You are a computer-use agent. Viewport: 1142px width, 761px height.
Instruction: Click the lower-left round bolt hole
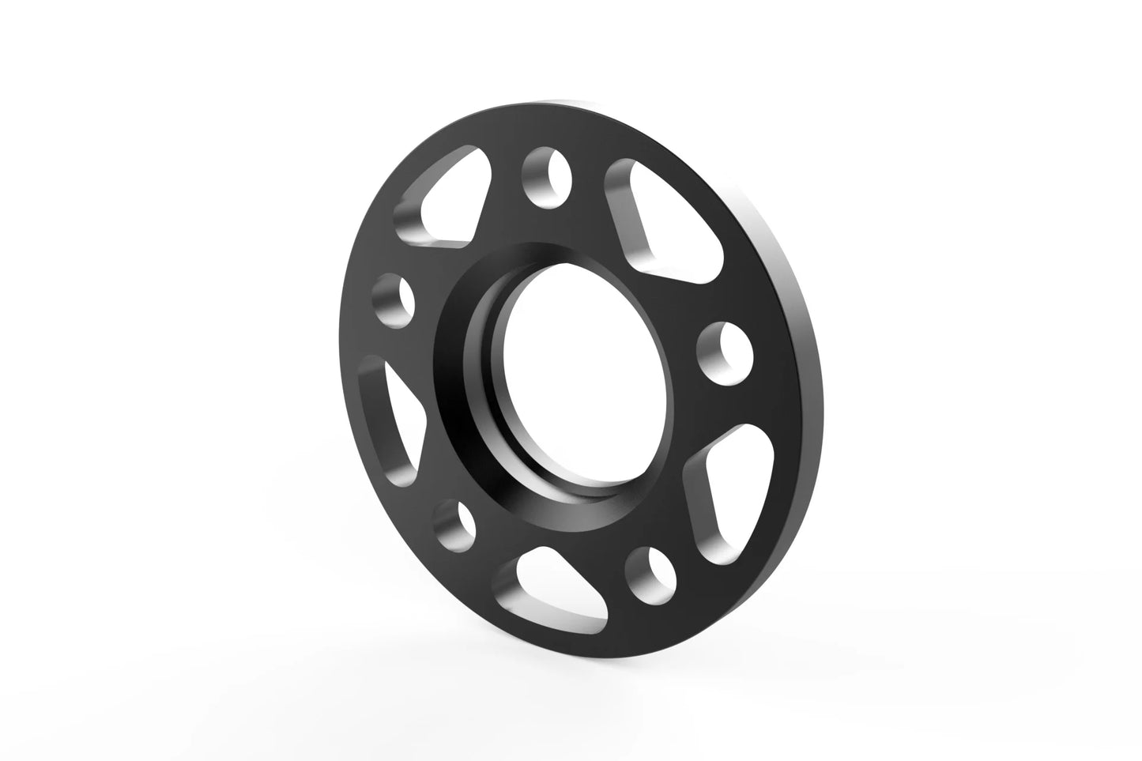click(x=457, y=522)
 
